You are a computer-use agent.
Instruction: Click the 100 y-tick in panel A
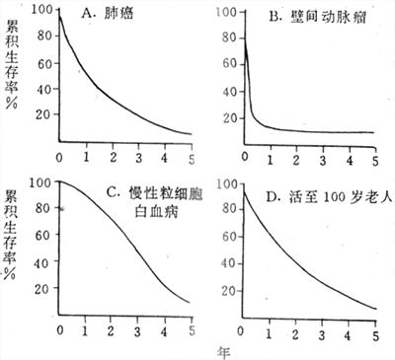(42, 11)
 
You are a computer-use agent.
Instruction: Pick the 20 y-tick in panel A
(44, 113)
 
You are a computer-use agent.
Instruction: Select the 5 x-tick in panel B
(374, 159)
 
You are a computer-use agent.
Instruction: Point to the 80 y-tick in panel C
(43, 206)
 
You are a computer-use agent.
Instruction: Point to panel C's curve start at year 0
(61, 181)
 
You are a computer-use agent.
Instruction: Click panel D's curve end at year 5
(375, 309)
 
